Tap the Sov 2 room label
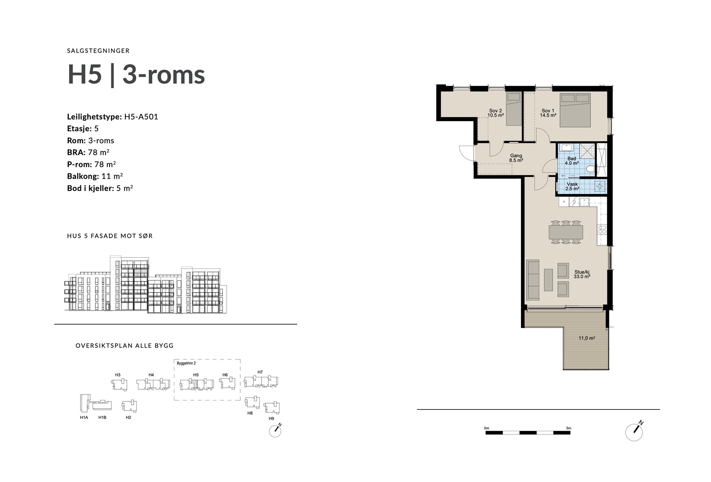pos(495,113)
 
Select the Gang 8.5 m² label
pos(516,158)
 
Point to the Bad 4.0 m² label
pos(572,161)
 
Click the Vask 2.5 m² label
pos(572,186)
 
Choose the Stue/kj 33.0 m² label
pos(582,274)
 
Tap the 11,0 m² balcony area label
pos(587,338)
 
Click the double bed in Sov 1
pos(576,110)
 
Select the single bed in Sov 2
pos(513,109)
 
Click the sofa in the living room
pos(533,280)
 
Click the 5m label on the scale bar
pos(568,428)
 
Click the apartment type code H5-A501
pos(141,117)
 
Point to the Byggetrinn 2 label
pos(186,363)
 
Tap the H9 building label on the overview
pos(271,418)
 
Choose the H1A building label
pos(84,417)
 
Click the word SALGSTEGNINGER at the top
pos(98,51)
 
